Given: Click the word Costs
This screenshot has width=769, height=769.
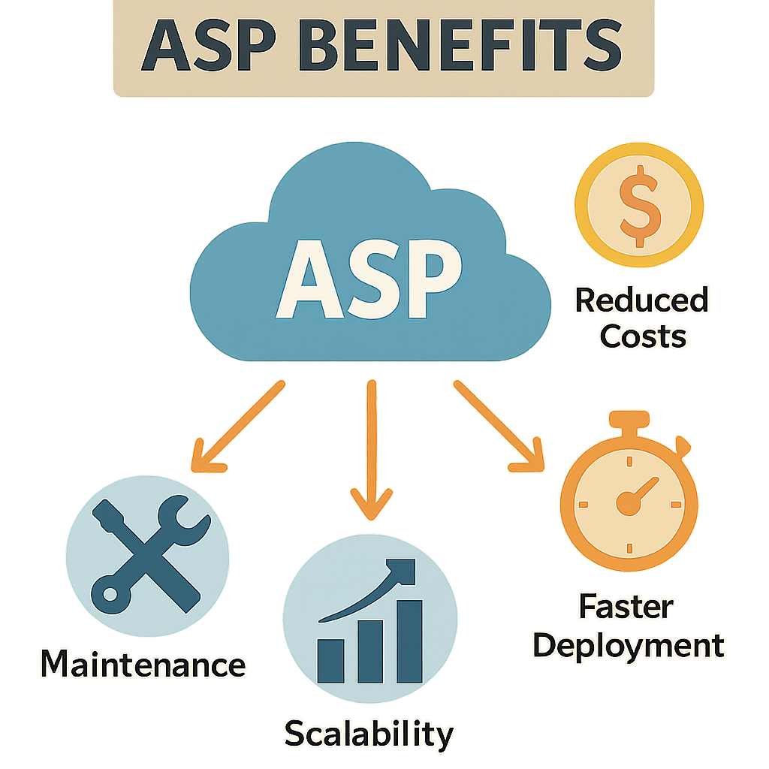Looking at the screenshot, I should click(x=643, y=336).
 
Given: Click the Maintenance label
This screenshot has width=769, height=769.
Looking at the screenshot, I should click(x=143, y=665).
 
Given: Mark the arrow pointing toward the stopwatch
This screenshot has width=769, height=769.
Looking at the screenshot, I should click(x=499, y=428).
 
